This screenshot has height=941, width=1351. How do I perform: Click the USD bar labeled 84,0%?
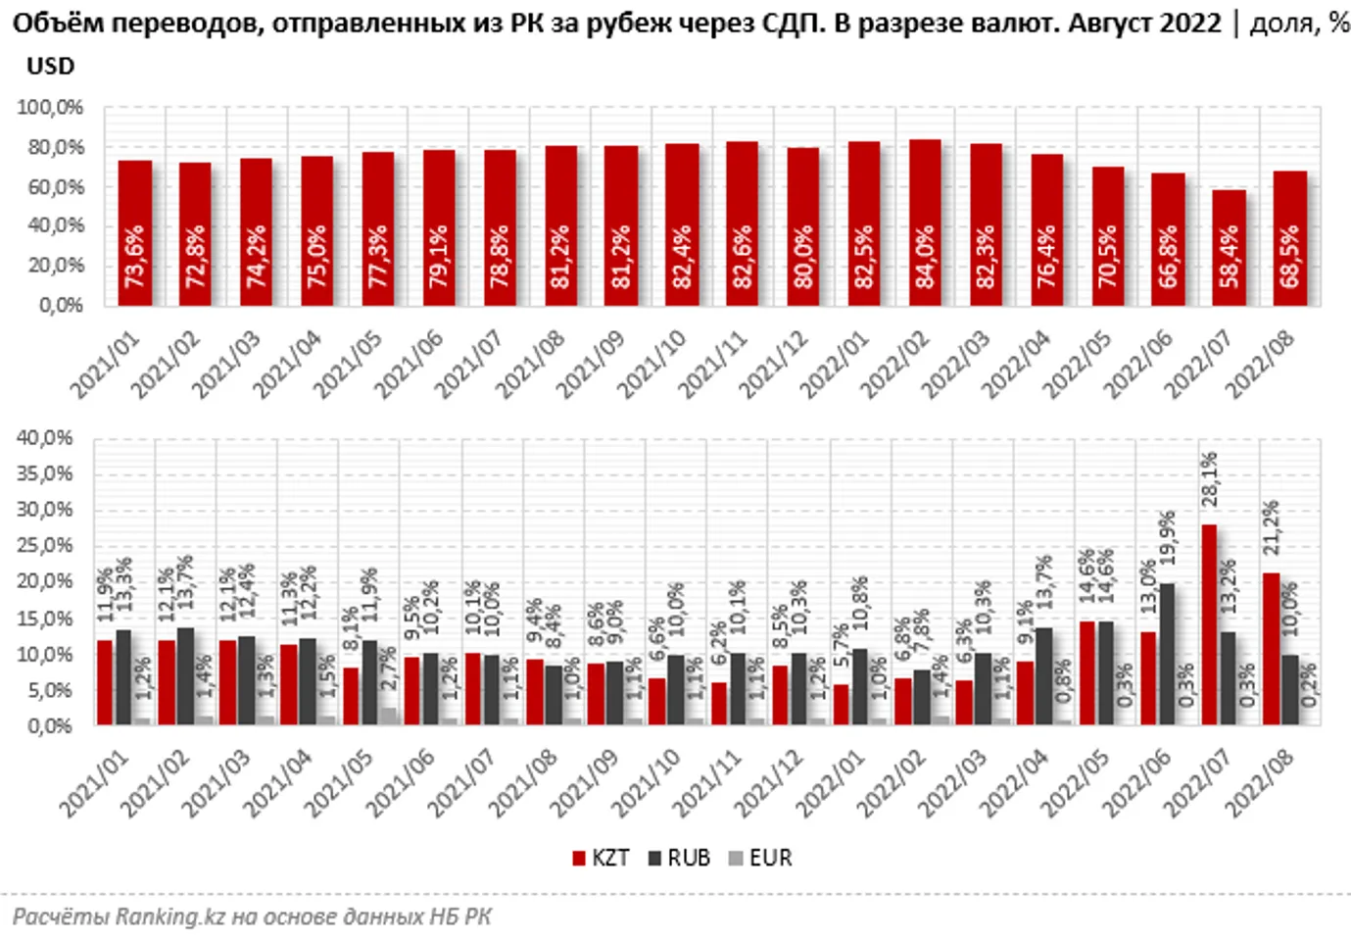[x=925, y=223]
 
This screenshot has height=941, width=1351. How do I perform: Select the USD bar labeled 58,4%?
[x=1229, y=247]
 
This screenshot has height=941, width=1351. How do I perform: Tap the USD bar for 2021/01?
[x=134, y=232]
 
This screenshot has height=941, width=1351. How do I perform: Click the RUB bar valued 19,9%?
[x=1167, y=654]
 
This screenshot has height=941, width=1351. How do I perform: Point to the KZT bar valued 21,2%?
[x=1271, y=649]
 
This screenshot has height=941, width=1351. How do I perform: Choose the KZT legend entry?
[x=601, y=858]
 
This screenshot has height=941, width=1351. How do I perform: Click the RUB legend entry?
[x=679, y=858]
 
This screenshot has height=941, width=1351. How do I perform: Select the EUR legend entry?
[x=760, y=858]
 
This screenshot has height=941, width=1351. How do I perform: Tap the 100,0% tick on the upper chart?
[x=51, y=108]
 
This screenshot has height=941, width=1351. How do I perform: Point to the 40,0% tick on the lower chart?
[x=45, y=437]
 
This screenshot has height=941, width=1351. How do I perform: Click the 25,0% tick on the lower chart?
[x=45, y=545]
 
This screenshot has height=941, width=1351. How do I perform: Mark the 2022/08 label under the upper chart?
[x=1260, y=364]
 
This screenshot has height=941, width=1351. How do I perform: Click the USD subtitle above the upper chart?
[x=50, y=67]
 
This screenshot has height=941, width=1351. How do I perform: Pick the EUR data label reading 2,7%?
[x=388, y=669]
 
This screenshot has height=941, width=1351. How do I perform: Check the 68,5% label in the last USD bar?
[x=1289, y=257]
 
